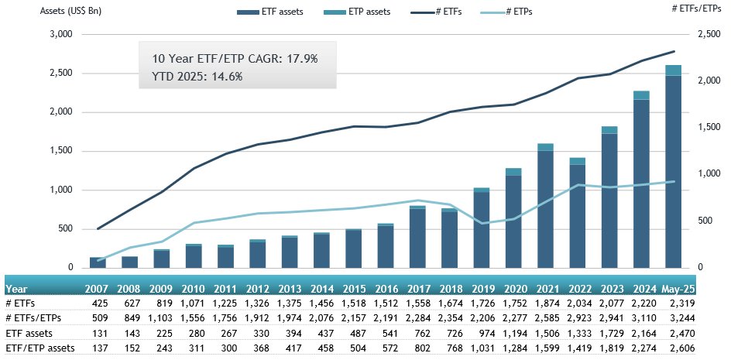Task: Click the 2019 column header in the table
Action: pyautogui.click(x=482, y=289)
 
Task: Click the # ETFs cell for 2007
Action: pyautogui.click(x=98, y=303)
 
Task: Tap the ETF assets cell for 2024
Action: pyautogui.click(x=640, y=333)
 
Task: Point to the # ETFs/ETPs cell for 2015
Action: pyautogui.click(x=353, y=318)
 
